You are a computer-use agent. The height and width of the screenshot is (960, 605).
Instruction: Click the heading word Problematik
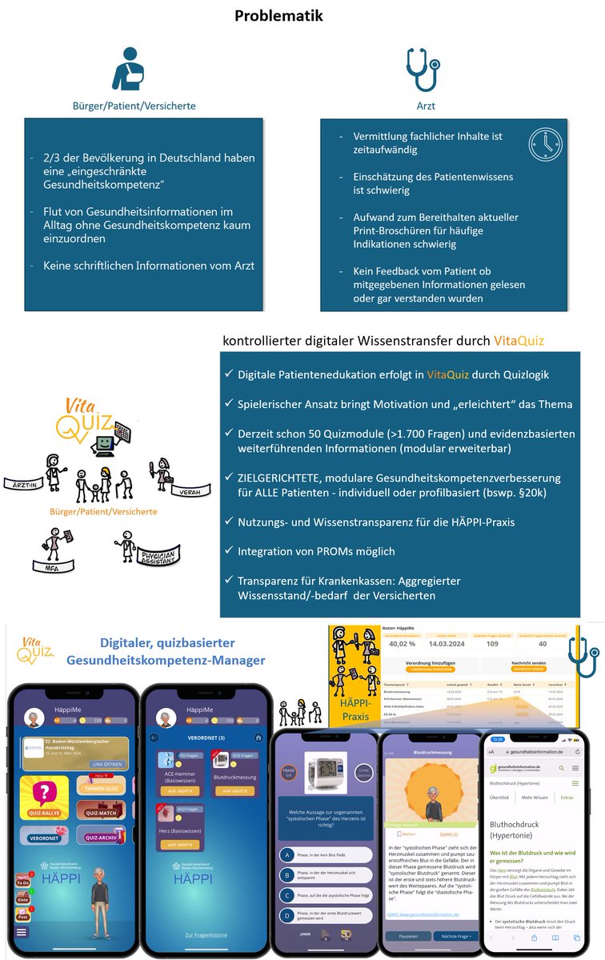(x=279, y=16)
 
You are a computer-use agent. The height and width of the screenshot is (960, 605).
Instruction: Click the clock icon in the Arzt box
(x=545, y=145)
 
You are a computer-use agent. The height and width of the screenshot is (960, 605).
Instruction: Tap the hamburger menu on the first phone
(x=21, y=932)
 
